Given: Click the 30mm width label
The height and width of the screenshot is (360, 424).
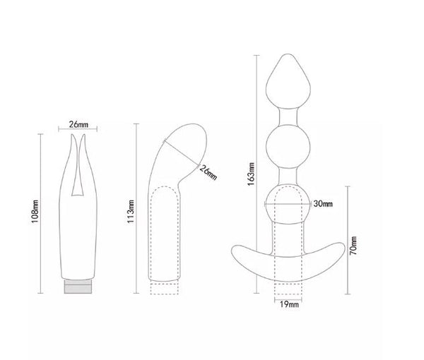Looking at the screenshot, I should pos(322,204).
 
